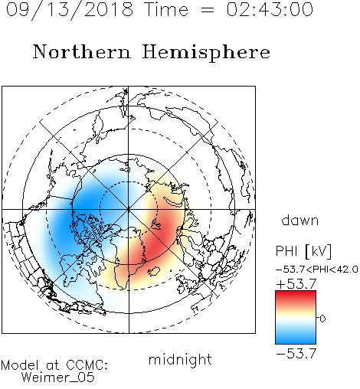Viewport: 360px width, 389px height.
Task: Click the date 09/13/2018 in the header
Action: tap(70, 10)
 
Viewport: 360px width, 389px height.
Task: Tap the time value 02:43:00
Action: tap(270, 9)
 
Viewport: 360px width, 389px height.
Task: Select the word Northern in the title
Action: tap(82, 52)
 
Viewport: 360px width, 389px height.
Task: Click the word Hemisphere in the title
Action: tap(206, 53)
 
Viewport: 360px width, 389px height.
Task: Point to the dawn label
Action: tap(300, 220)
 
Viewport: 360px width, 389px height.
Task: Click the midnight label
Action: tap(180, 359)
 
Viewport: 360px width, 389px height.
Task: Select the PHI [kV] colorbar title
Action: tap(303, 250)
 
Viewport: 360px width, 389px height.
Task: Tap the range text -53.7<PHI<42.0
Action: tap(317, 270)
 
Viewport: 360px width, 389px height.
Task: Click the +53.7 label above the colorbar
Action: tap(296, 284)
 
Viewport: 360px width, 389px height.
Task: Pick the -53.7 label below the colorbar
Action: tap(296, 354)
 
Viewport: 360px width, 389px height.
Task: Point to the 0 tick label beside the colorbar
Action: tap(322, 319)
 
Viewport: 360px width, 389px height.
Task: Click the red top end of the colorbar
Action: tap(296, 293)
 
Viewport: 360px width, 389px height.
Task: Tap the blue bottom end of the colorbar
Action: tap(296, 342)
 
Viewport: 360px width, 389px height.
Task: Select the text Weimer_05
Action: tap(58, 378)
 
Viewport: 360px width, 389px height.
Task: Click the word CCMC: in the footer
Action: tap(87, 365)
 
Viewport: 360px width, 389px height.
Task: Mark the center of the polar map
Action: tap(129, 209)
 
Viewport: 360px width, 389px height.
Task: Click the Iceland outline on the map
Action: tap(154, 271)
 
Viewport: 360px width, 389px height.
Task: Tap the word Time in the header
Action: tap(166, 9)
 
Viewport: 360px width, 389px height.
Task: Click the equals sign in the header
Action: tap(208, 10)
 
